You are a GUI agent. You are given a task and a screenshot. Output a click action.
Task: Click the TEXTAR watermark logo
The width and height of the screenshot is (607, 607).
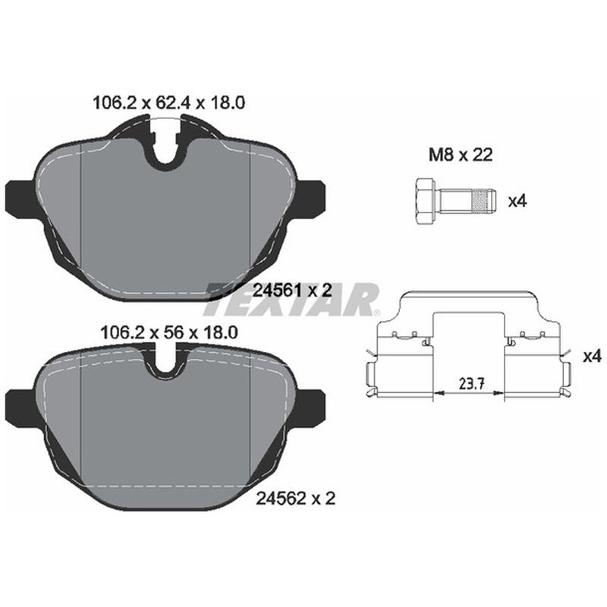click(x=292, y=298)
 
